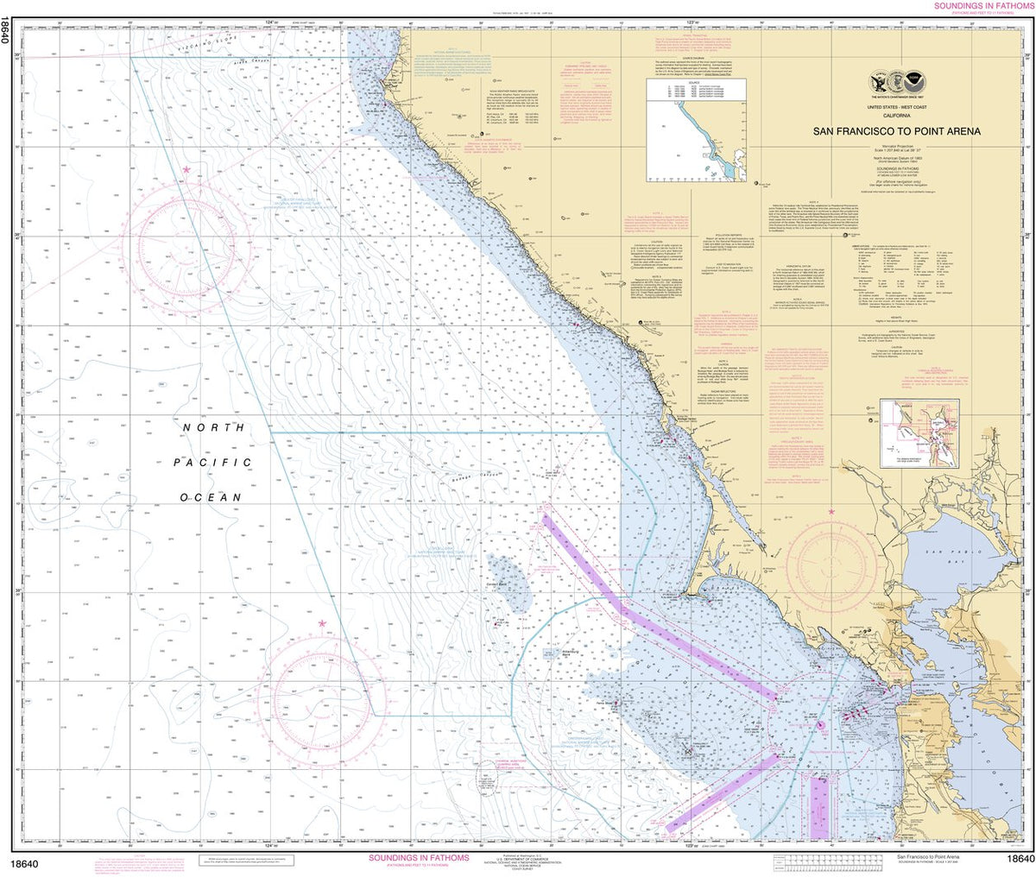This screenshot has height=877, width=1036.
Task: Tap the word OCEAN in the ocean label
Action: pyautogui.click(x=212, y=498)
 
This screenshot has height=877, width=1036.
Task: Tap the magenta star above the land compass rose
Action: pyautogui.click(x=832, y=513)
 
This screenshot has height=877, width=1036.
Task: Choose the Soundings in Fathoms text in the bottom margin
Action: pyautogui.click(x=419, y=858)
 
